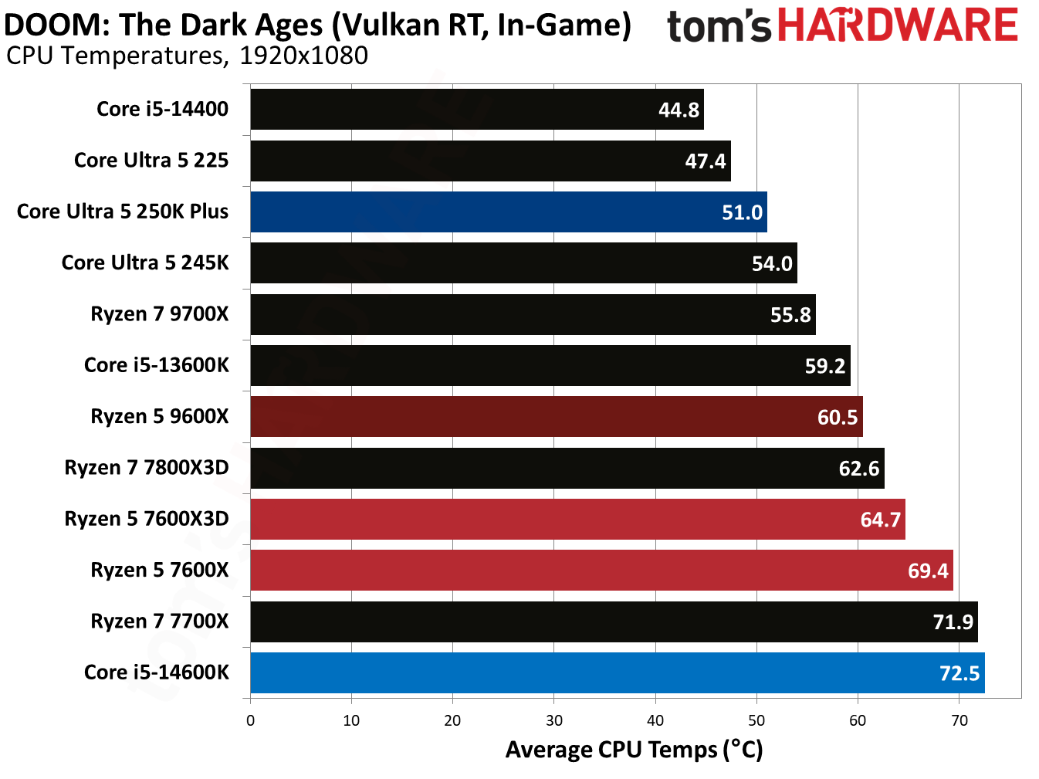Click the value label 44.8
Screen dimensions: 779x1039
point(679,110)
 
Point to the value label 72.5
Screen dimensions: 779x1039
point(959,673)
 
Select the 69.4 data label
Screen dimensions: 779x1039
point(928,571)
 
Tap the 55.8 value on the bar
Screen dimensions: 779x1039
point(790,315)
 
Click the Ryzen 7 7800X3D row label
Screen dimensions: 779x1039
point(147,468)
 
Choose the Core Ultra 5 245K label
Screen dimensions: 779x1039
point(145,263)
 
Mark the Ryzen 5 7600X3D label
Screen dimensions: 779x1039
point(147,519)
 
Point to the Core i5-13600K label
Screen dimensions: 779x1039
point(157,365)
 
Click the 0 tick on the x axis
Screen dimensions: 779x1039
point(250,721)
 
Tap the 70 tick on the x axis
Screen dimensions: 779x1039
point(959,721)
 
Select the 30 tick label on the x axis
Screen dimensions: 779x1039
point(554,721)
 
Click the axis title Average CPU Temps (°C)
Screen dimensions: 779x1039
point(634,750)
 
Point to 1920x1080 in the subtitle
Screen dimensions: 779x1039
point(303,56)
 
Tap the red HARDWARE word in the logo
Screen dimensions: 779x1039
point(897,25)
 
